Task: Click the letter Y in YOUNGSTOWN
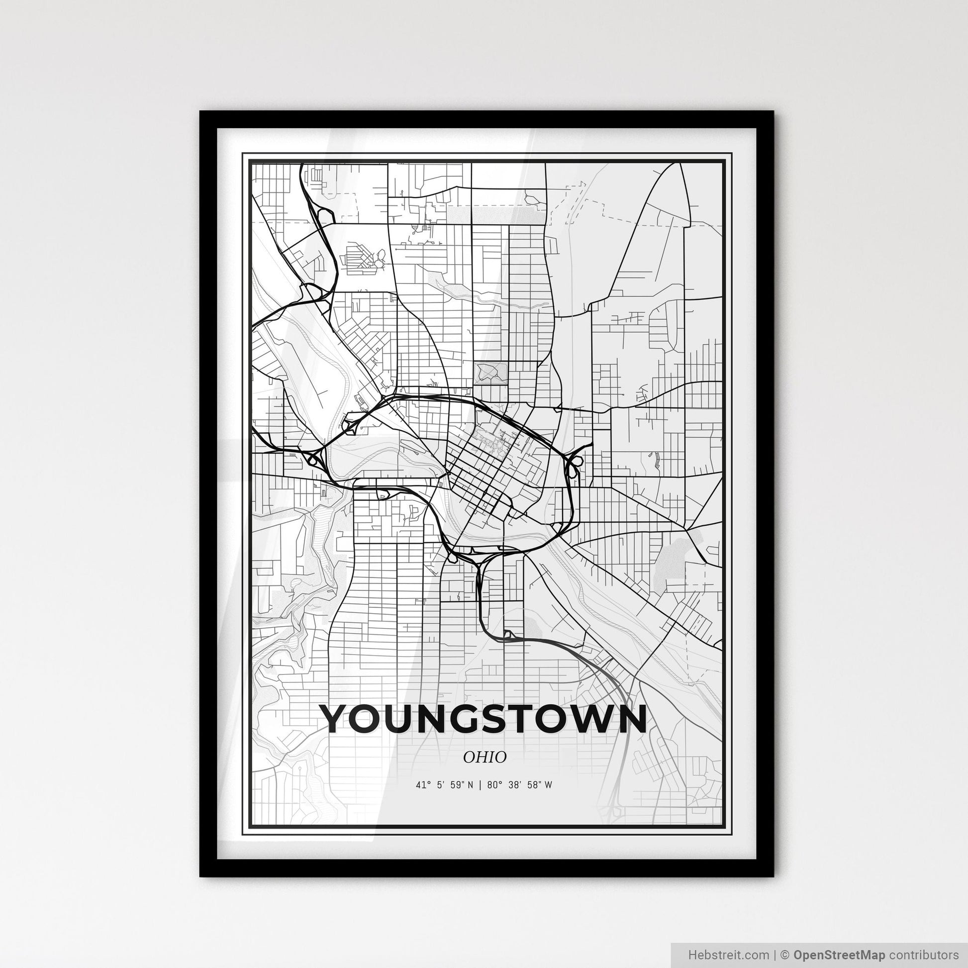336,718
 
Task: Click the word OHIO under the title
484,758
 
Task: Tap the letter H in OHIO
479,758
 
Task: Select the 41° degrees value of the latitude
421,785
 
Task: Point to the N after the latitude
471,785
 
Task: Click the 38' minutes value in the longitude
513,785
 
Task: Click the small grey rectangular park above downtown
490,373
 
